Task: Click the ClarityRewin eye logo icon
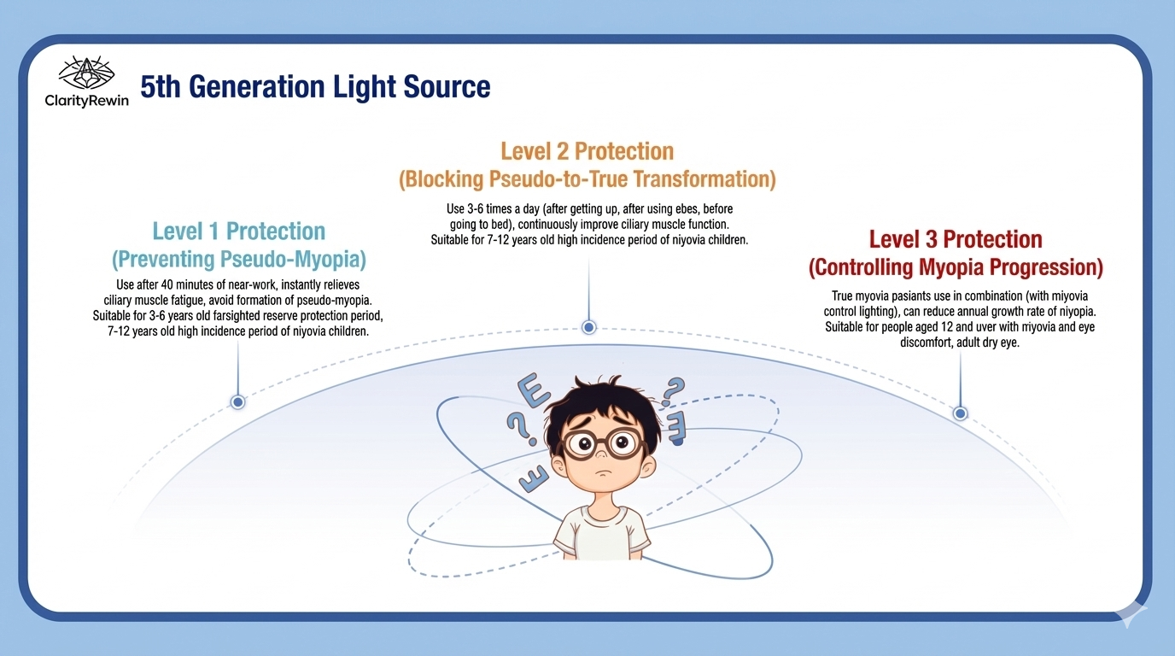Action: pos(86,73)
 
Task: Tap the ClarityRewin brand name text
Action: pos(86,100)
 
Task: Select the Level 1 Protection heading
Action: pos(239,231)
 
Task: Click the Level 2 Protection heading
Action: pos(587,151)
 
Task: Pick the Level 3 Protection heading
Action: pos(956,239)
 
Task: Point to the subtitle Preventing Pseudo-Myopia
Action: pos(239,260)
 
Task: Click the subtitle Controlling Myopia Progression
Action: pos(956,267)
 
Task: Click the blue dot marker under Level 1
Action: pos(237,402)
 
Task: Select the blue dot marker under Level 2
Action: pos(588,327)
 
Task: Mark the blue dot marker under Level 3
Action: pos(960,413)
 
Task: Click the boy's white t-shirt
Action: pos(602,533)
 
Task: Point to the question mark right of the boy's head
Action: pos(673,391)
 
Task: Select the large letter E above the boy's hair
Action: pos(534,390)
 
